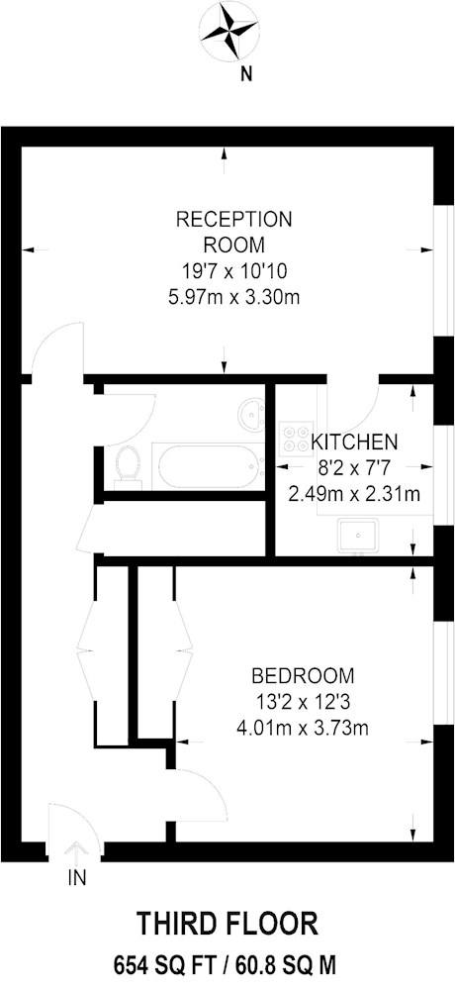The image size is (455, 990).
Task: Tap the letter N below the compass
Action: pos(247,74)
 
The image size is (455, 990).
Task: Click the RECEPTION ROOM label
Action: pos(233,232)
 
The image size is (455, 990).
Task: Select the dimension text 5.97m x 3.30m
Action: pos(233,295)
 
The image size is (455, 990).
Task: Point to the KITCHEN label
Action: pos(355,441)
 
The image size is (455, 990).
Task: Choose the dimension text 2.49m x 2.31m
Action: pos(354,492)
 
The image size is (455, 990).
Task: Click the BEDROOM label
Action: pos(303,676)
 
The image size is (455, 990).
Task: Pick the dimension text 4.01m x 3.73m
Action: pos(303,729)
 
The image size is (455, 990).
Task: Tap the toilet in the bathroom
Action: pos(129,467)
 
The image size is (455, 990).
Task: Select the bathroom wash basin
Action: pos(252,415)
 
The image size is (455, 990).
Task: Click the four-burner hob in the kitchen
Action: pos(296,438)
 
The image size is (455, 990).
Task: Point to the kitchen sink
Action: pos(358,536)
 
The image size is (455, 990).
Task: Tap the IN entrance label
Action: pos(76,877)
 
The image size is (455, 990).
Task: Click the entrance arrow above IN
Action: pos(76,853)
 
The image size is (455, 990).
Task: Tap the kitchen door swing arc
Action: pos(366,411)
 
